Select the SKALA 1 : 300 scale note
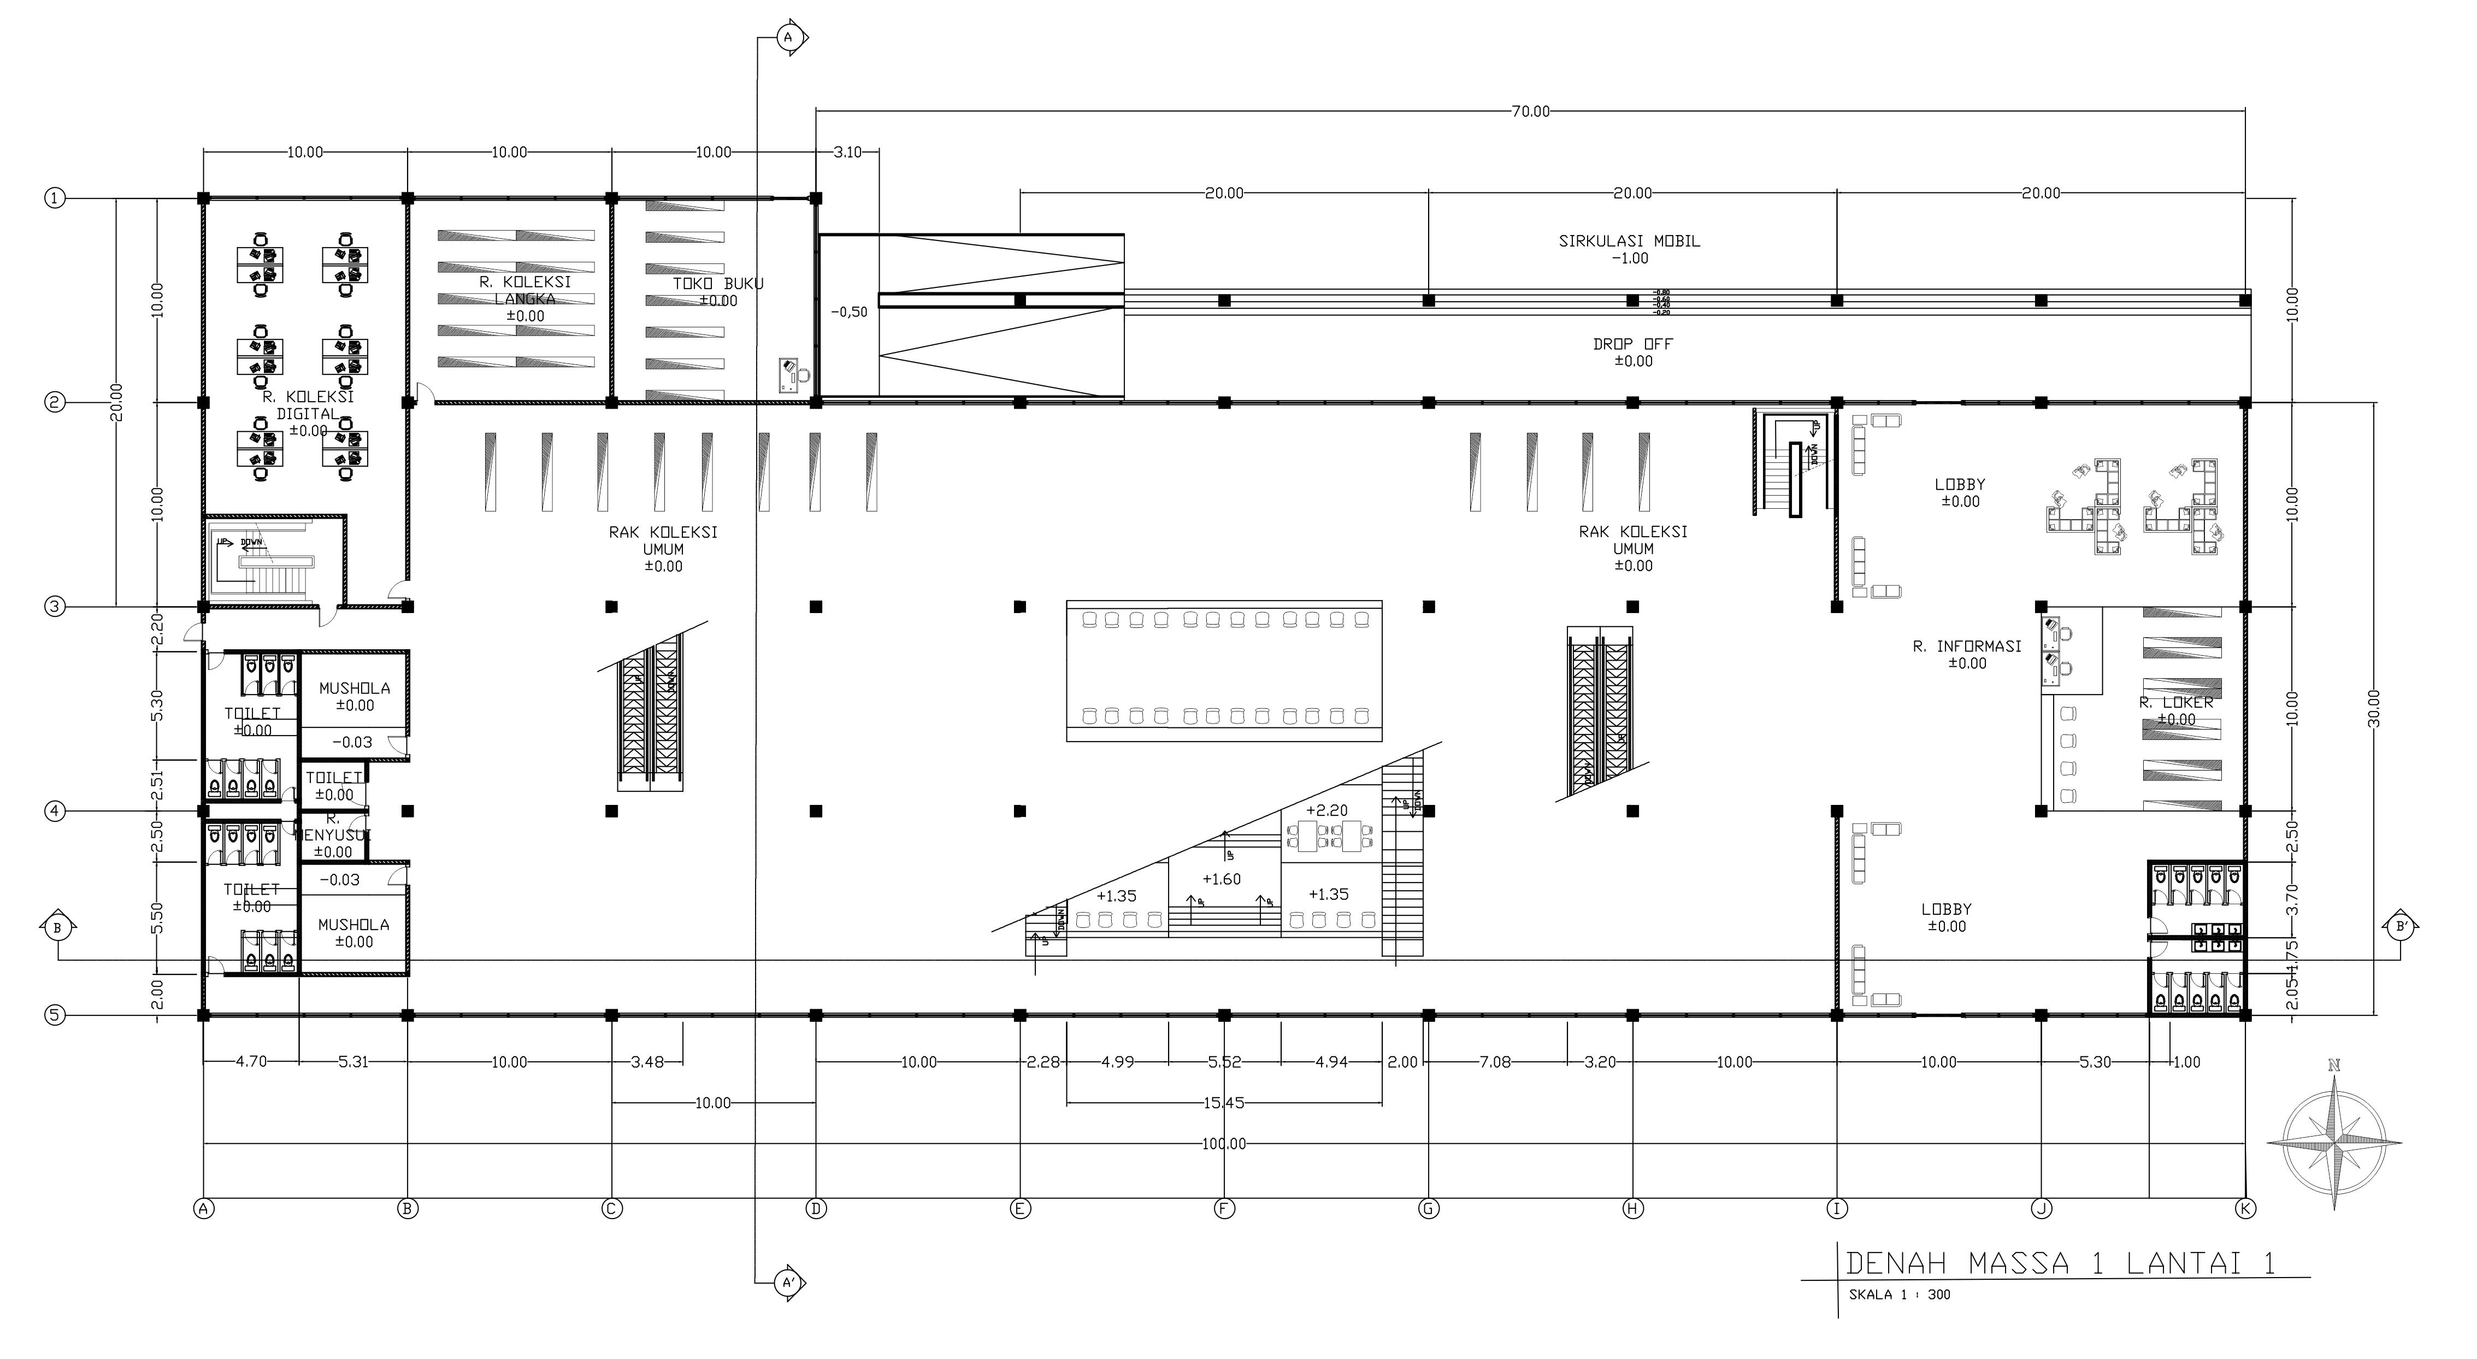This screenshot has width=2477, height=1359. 1899,1295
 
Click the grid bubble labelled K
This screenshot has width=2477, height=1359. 2246,1208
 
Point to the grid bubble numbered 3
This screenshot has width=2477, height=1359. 55,607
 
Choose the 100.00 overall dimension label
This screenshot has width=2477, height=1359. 1223,1144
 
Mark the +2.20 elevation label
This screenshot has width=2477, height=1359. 1327,811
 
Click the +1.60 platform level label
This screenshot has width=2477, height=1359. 1221,879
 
